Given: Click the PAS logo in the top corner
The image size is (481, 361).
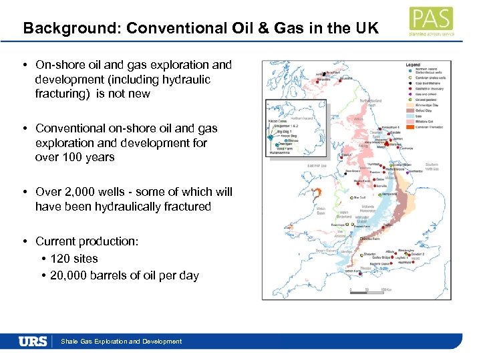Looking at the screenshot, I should pos(432,21).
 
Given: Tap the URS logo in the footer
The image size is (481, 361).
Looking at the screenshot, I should pos(33,341).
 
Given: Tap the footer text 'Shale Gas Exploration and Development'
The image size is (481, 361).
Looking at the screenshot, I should pos(121,342).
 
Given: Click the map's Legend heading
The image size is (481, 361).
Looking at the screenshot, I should pos(413,64).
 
